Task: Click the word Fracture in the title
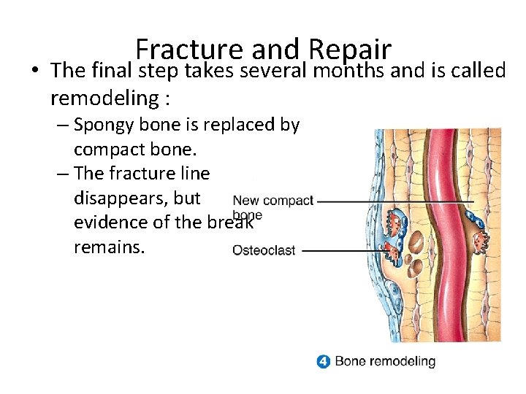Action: point(179,50)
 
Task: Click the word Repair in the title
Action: point(350,50)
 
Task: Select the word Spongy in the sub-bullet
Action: point(103,125)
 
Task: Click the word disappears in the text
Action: point(137,198)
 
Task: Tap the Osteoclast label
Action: point(263,250)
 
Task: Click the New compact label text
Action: point(272,201)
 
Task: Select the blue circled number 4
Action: point(324,361)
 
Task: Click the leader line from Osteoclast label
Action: point(343,250)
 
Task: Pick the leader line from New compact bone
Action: point(394,201)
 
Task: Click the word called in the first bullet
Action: point(479,71)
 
